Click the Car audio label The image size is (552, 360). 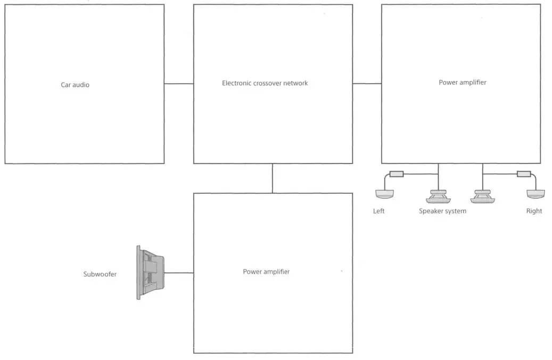[75, 85]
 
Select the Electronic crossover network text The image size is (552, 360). [265, 83]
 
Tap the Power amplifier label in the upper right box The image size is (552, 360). [462, 83]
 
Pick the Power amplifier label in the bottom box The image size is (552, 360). [266, 272]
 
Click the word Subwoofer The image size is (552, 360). [100, 274]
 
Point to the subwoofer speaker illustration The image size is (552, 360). [151, 273]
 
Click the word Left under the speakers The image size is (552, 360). [378, 211]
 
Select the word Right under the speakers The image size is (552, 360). [534, 211]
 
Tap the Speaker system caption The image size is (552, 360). [442, 211]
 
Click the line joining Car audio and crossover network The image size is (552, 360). [179, 84]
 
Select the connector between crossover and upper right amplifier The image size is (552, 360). [367, 84]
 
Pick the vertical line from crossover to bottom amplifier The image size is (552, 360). [273, 178]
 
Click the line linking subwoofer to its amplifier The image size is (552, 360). [179, 273]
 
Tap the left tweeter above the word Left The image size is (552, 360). [384, 194]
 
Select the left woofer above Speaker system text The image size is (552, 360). [439, 197]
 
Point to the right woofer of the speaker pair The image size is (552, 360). [483, 197]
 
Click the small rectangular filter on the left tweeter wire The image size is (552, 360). [397, 174]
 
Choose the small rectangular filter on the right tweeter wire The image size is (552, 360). [523, 174]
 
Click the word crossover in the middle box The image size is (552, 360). [270, 83]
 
